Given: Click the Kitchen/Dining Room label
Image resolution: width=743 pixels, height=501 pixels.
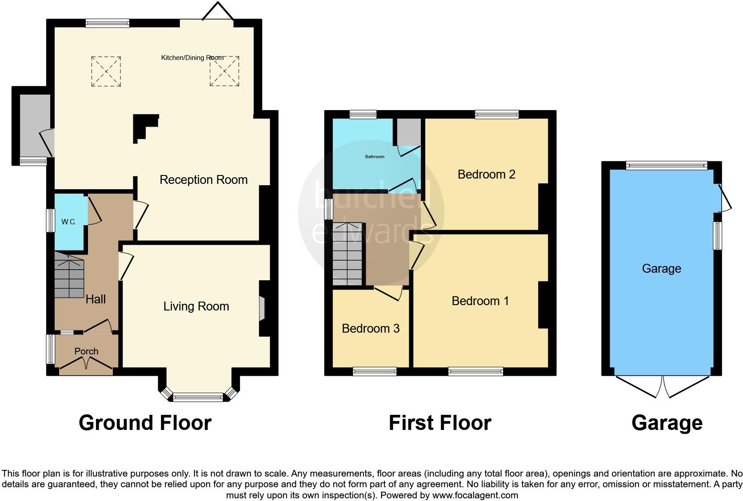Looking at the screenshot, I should pos(192,58).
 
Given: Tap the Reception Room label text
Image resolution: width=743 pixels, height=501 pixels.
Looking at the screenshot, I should pos(204,180).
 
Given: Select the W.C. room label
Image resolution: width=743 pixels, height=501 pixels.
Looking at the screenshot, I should pos(69,222).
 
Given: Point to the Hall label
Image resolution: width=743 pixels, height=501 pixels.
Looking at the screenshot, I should pos(96,299).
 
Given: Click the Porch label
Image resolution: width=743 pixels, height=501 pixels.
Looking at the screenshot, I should pos(86,351).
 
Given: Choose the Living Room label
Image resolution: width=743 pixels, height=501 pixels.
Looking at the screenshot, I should pos(196,306).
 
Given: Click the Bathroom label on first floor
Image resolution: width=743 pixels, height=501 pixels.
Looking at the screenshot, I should pos(375,157).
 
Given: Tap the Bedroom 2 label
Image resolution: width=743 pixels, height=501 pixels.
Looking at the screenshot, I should pos(486,175).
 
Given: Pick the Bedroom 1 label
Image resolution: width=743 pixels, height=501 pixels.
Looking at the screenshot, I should pos(480,301).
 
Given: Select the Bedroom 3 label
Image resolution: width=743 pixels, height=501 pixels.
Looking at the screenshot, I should pos(371,329).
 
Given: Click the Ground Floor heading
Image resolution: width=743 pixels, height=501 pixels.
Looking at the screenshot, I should pos(145,423).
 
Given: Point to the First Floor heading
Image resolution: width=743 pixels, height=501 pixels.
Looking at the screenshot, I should pos(440,423).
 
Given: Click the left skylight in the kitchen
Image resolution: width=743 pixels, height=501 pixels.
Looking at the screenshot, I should pos(106,72).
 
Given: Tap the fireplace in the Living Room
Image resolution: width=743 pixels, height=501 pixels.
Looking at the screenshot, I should pos(262,308).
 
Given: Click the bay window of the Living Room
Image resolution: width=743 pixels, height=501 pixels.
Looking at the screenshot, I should pos(197,397).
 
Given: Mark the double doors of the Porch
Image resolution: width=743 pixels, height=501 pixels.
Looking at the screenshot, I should pos(86,364).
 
